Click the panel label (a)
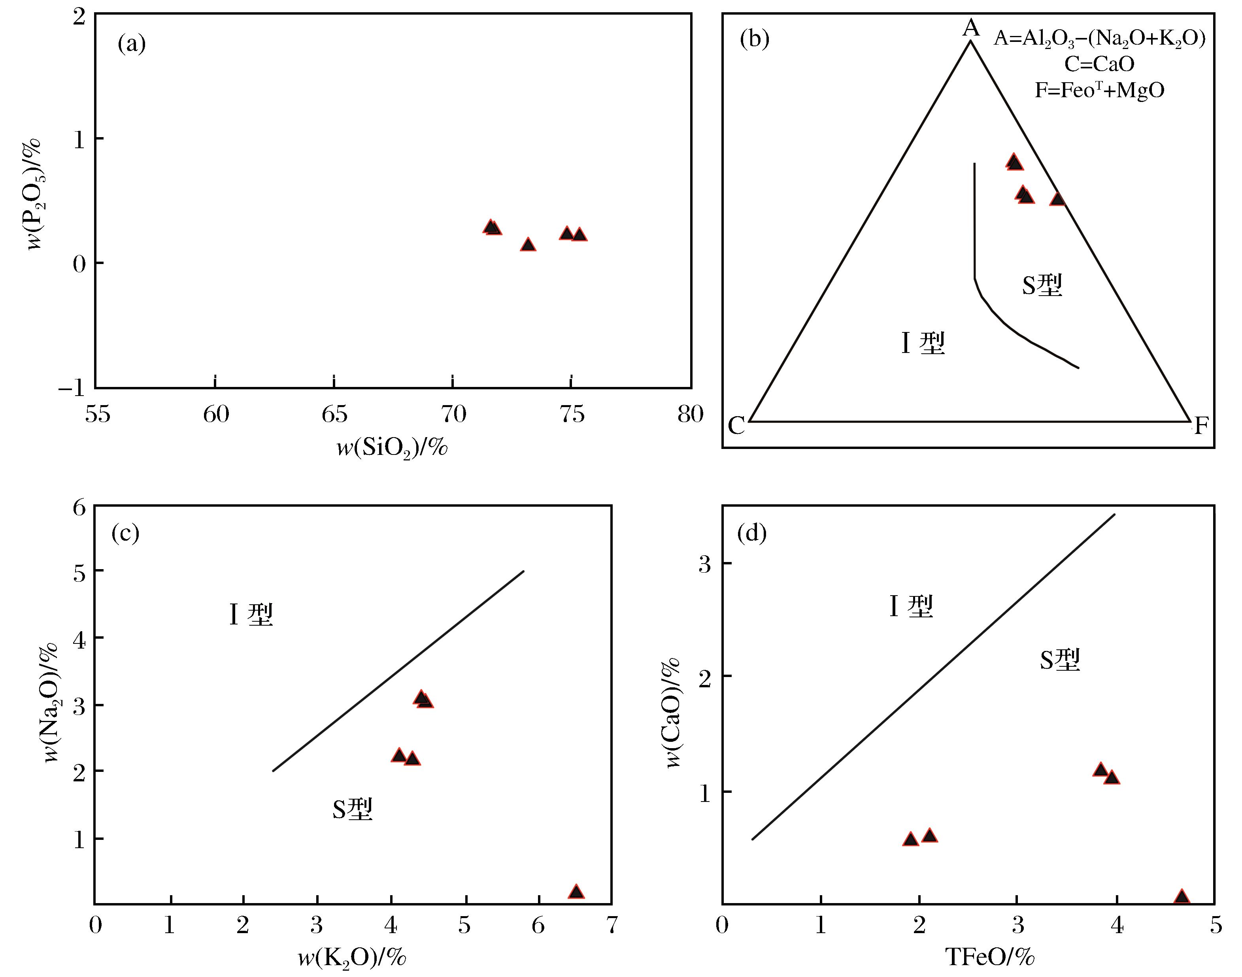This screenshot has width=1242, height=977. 132,43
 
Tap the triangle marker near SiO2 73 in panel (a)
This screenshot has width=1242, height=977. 528,245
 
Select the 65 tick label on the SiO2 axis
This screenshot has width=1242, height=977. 334,413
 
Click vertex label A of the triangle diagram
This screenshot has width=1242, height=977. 971,27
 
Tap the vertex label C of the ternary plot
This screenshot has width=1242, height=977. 736,426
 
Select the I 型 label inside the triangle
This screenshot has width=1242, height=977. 923,343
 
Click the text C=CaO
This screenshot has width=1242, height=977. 1099,64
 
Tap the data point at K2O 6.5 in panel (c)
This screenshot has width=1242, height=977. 576,892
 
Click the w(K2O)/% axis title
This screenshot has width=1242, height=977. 352,957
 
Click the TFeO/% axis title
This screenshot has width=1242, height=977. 990,957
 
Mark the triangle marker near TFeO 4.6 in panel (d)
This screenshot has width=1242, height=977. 1182,897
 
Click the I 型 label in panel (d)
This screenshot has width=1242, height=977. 911,606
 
